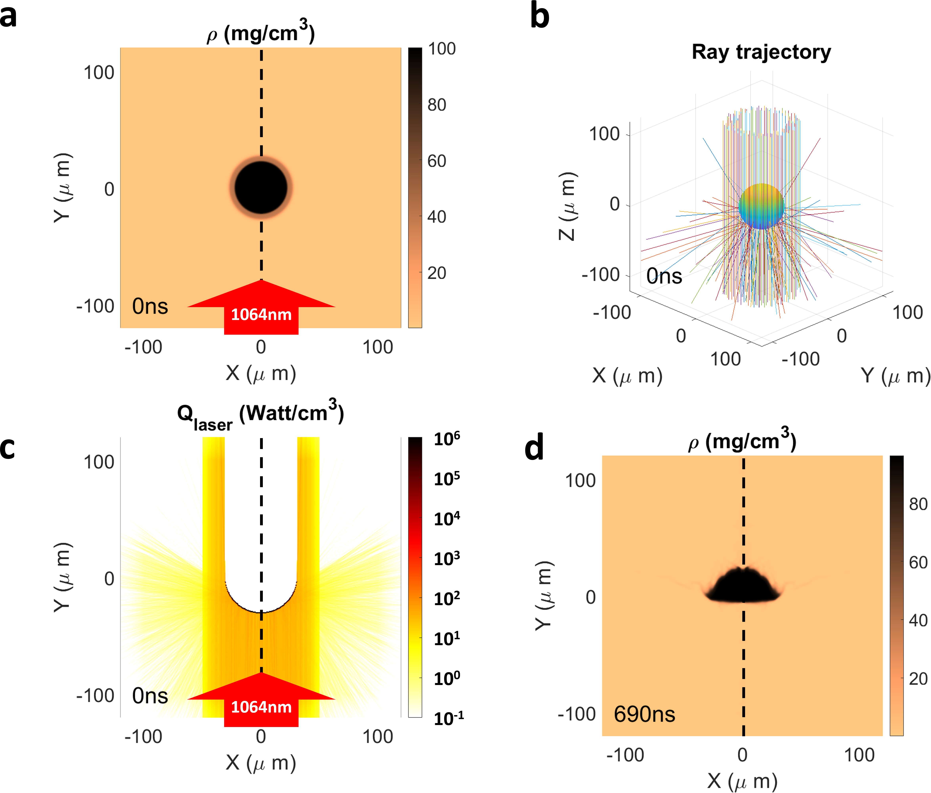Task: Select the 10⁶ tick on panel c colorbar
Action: click(x=447, y=438)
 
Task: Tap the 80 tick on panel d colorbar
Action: click(x=918, y=504)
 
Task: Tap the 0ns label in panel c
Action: click(x=150, y=696)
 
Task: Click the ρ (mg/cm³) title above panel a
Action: click(x=261, y=32)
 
